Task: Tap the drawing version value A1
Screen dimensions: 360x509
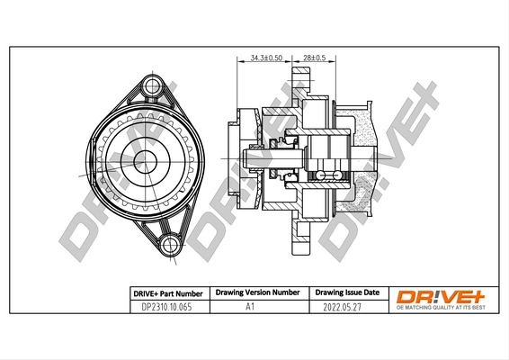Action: tap(254, 307)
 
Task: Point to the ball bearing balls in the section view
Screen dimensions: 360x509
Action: tap(321, 170)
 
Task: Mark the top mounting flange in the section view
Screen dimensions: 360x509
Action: tap(304, 90)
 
